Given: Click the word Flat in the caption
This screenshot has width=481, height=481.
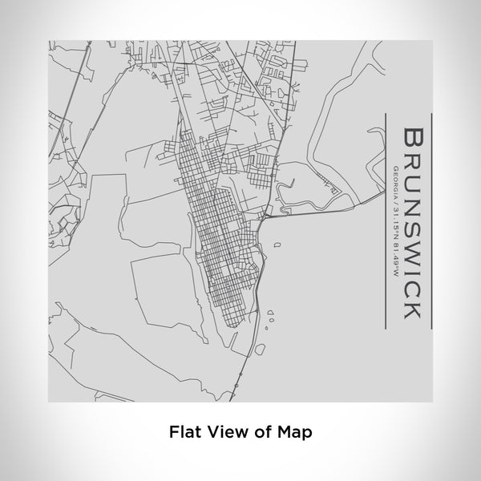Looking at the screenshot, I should [x=184, y=431].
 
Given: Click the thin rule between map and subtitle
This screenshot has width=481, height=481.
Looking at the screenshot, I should [x=386, y=220].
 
